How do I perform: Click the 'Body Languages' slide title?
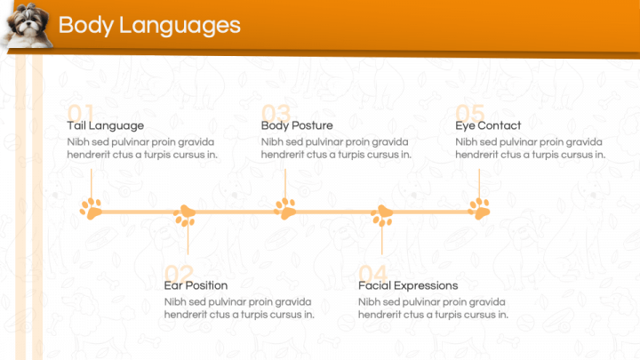click(149, 25)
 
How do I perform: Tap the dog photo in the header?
click(27, 25)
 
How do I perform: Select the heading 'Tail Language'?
click(105, 125)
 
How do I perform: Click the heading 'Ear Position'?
click(196, 285)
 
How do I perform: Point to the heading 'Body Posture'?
click(297, 125)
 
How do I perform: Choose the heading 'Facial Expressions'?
click(408, 285)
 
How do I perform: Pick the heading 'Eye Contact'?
click(488, 125)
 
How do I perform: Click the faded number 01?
click(80, 112)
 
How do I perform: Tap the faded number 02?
click(179, 272)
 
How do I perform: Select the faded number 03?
click(276, 112)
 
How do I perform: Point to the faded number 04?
click(372, 272)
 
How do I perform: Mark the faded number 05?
click(470, 112)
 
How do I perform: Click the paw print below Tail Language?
click(91, 209)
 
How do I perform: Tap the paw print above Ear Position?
click(185, 215)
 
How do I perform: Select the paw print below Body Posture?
click(285, 209)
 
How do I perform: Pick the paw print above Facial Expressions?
click(382, 215)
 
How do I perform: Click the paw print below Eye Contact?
click(479, 209)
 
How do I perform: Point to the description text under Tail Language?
click(142, 148)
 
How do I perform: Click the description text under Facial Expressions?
click(434, 308)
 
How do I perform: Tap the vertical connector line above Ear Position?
click(188, 240)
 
